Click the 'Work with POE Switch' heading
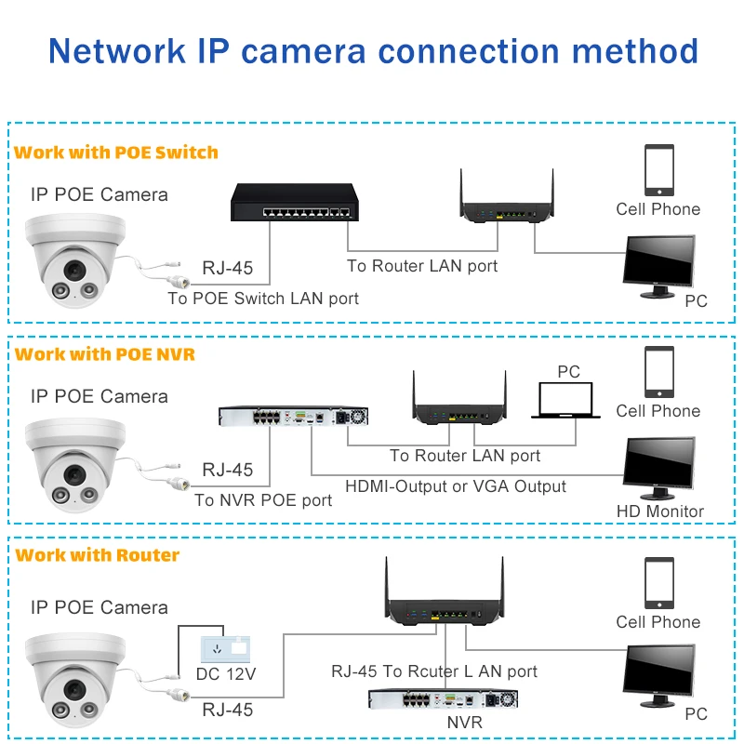115,153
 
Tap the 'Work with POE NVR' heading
105,354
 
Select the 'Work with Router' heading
98,555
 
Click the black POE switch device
295,203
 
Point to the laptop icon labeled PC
565,400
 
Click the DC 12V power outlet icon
225,649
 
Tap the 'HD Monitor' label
660,511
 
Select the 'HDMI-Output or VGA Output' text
456,486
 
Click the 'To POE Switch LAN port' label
263,299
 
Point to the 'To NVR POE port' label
263,500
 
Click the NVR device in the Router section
444,699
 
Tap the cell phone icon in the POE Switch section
659,170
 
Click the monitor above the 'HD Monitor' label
658,469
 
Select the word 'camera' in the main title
304,51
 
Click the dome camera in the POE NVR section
76,464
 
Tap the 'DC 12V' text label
226,673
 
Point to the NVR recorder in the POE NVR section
293,417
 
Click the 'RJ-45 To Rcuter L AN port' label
434,671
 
